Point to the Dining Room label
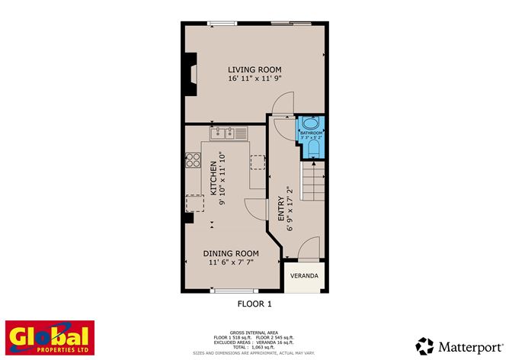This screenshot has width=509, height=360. (231, 253)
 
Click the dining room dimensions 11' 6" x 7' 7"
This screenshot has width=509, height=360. (231, 262)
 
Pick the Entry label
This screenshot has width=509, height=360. (281, 209)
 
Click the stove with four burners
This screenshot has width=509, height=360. (194, 161)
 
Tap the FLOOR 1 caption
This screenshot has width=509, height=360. (254, 304)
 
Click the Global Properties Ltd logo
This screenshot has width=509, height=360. (50, 339)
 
